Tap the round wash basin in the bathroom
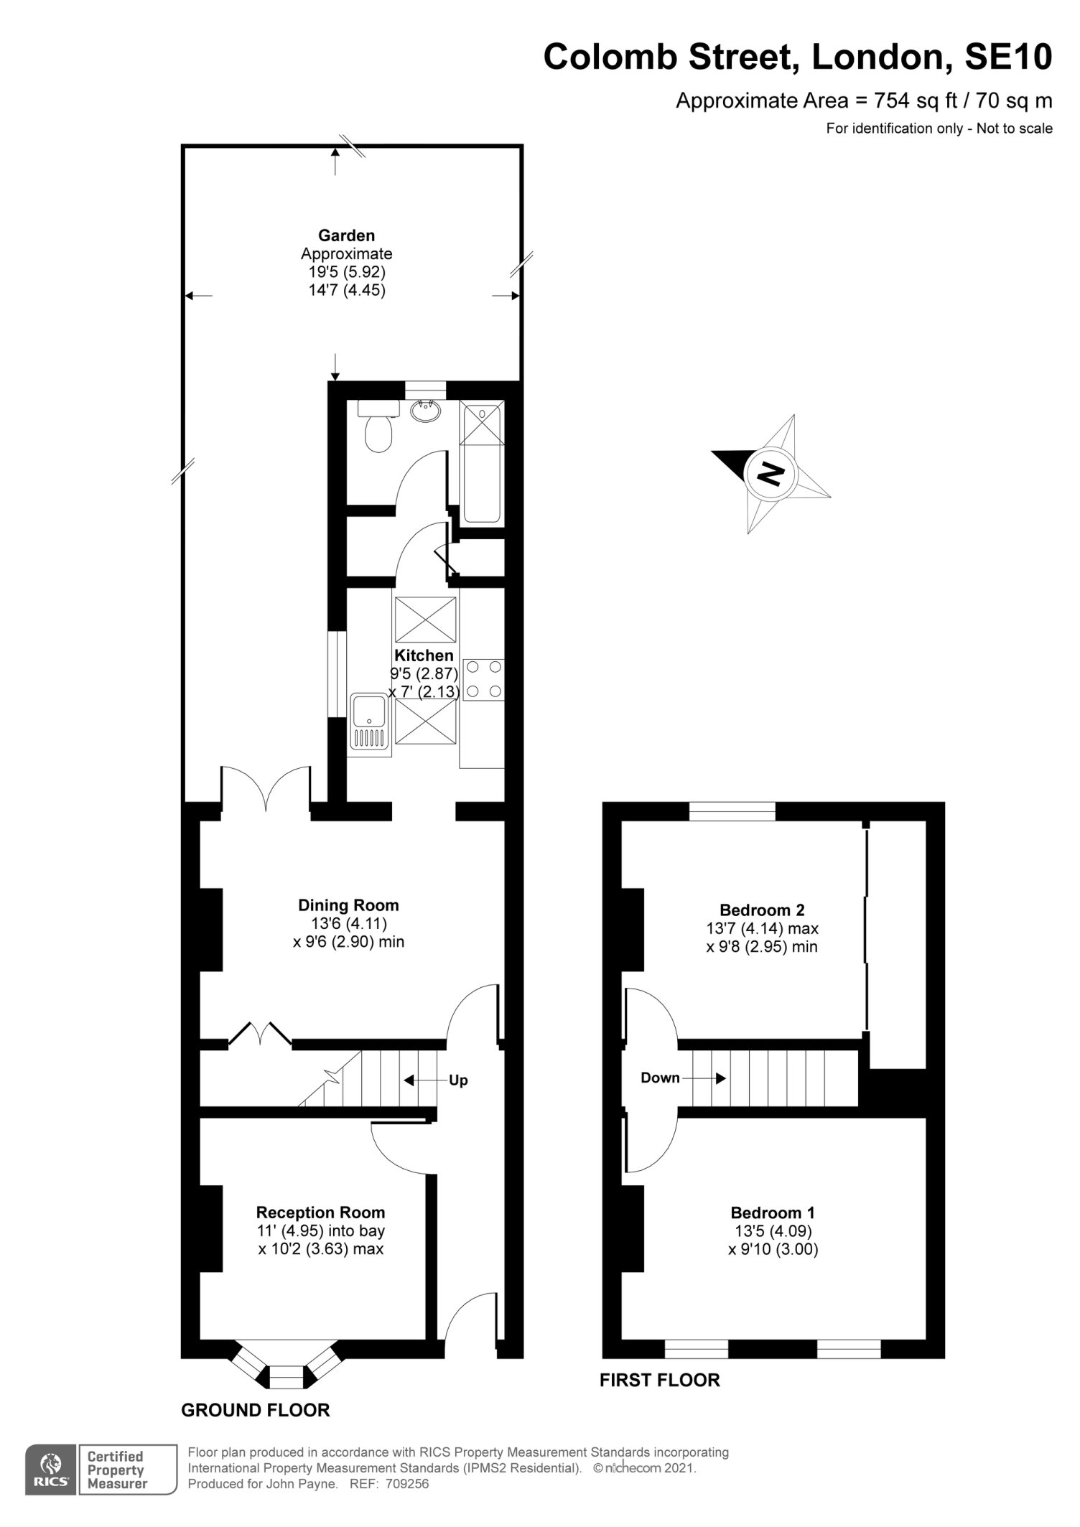(427, 411)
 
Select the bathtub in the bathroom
(481, 462)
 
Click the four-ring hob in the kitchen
(484, 679)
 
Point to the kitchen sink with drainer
(369, 724)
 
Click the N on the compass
(771, 473)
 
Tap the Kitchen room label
(424, 655)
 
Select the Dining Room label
(348, 905)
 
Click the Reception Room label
(320, 1213)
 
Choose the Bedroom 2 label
(762, 910)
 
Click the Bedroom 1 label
(773, 1213)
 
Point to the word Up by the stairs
(458, 1080)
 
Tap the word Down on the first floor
(660, 1078)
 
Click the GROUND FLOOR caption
(256, 1410)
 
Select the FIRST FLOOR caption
(660, 1380)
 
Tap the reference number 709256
(406, 1484)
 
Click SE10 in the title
(1008, 57)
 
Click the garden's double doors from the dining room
(266, 790)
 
